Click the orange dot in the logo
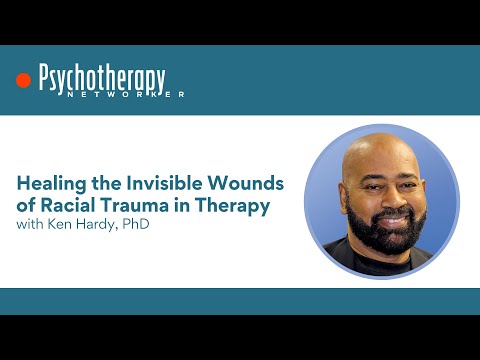[x=24, y=81]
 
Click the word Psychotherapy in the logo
[x=102, y=79]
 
